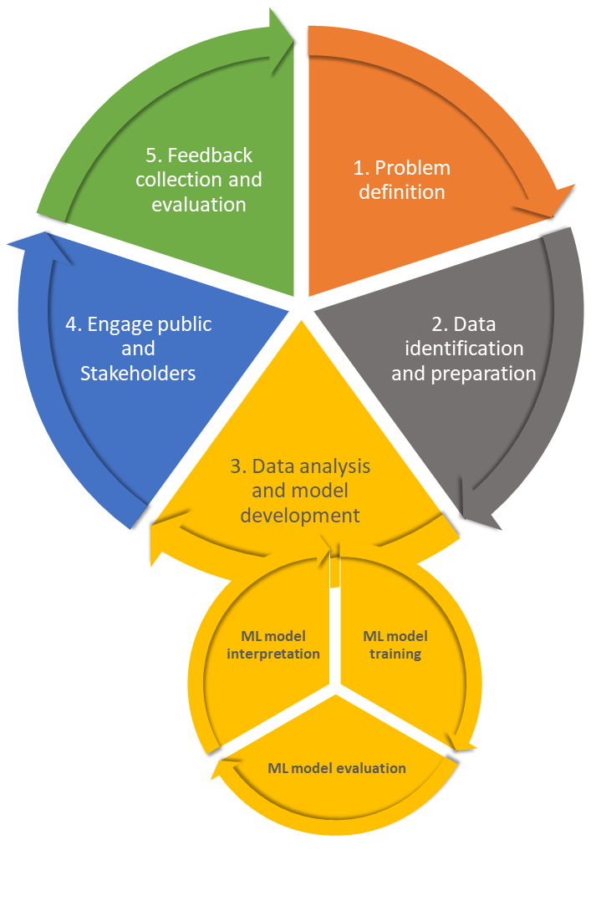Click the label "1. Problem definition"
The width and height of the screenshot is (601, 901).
click(401, 180)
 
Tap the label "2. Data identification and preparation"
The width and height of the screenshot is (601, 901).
click(463, 349)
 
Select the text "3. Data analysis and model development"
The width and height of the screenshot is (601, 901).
click(300, 491)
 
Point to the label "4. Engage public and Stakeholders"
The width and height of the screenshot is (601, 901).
click(138, 349)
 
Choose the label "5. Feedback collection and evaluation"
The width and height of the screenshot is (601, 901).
click(198, 180)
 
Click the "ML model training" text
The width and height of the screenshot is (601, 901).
click(395, 645)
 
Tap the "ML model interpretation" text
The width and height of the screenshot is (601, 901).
click(273, 645)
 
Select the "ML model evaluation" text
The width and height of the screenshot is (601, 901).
click(337, 768)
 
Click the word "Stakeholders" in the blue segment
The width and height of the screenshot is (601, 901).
click(138, 373)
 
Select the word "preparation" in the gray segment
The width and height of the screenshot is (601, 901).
click(484, 373)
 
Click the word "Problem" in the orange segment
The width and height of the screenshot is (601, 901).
click(415, 168)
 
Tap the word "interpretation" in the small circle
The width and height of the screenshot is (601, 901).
click(273, 654)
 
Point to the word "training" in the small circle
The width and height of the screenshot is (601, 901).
click(396, 654)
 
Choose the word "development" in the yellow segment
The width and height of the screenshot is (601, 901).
click(300, 515)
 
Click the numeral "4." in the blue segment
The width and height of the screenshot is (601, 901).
click(74, 324)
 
